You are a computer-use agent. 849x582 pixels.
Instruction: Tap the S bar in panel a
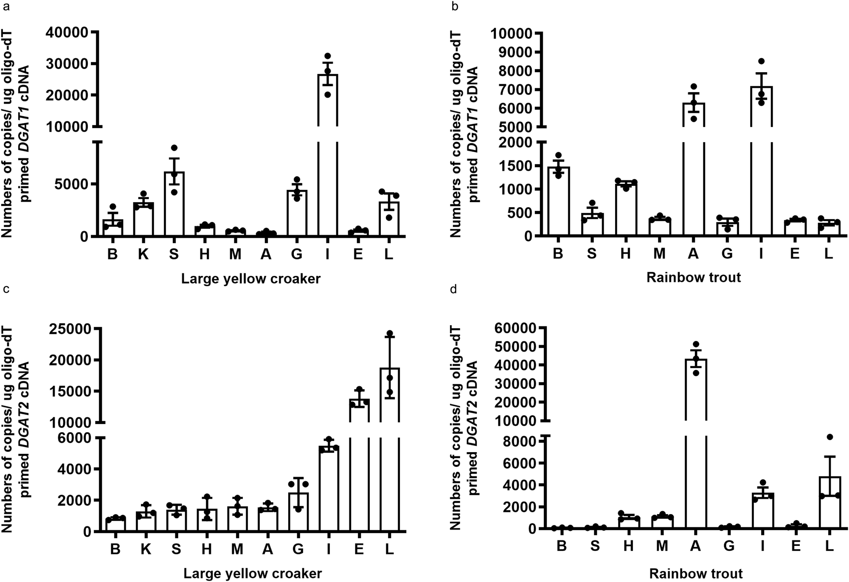174,204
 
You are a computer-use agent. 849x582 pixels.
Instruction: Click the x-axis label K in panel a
143,254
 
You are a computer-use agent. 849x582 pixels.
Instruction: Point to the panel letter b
455,6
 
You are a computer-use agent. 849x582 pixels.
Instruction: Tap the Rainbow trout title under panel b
694,278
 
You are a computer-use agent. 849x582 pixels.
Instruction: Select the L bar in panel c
390,450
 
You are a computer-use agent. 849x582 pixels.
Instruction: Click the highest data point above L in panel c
390,333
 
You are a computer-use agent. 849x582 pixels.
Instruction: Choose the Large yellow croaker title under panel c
253,574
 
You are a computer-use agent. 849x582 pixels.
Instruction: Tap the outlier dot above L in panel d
830,437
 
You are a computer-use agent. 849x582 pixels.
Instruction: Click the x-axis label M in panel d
662,546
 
